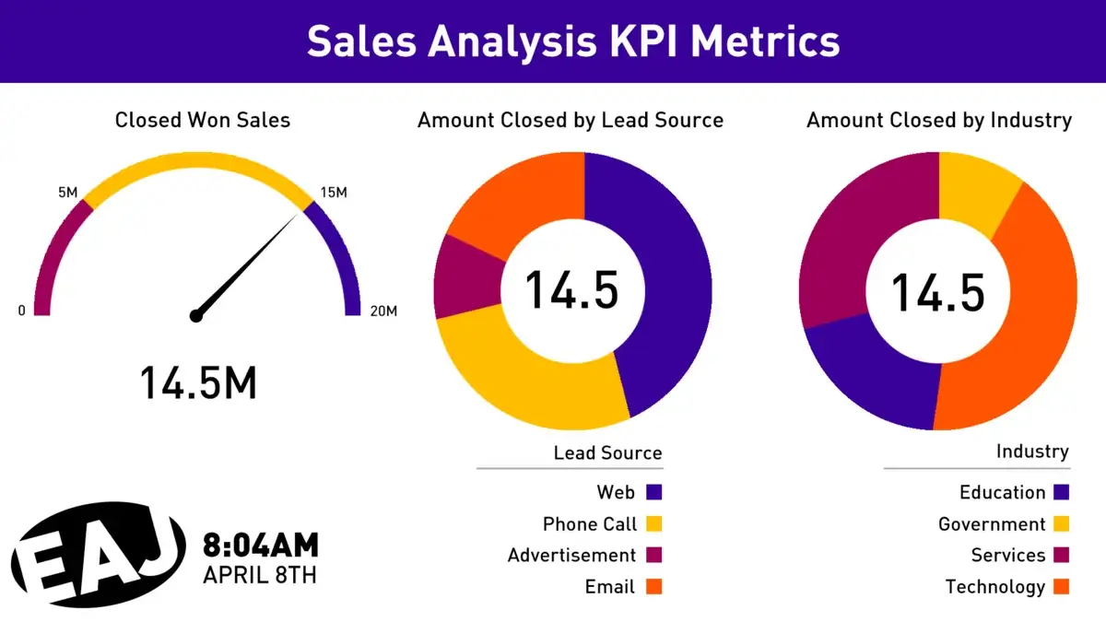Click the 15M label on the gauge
click(333, 193)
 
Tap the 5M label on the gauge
click(68, 193)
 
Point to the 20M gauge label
click(382, 311)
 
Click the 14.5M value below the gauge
click(198, 382)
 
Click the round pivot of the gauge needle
click(195, 316)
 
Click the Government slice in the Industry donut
click(974, 189)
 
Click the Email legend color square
click(654, 587)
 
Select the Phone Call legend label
click(590, 524)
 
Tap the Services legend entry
click(1008, 556)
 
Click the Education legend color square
click(1061, 493)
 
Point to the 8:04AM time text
click(261, 546)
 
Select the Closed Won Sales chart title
click(202, 120)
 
